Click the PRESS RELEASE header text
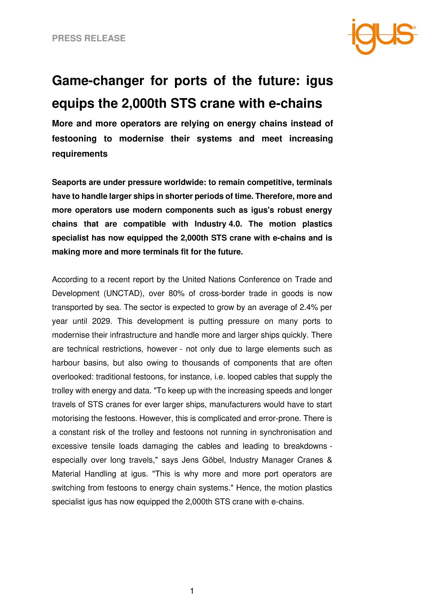click(x=89, y=38)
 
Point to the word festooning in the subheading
click(x=74, y=139)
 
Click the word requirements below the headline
click(x=79, y=154)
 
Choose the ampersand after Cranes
click(x=329, y=460)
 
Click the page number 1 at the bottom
click(x=192, y=591)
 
